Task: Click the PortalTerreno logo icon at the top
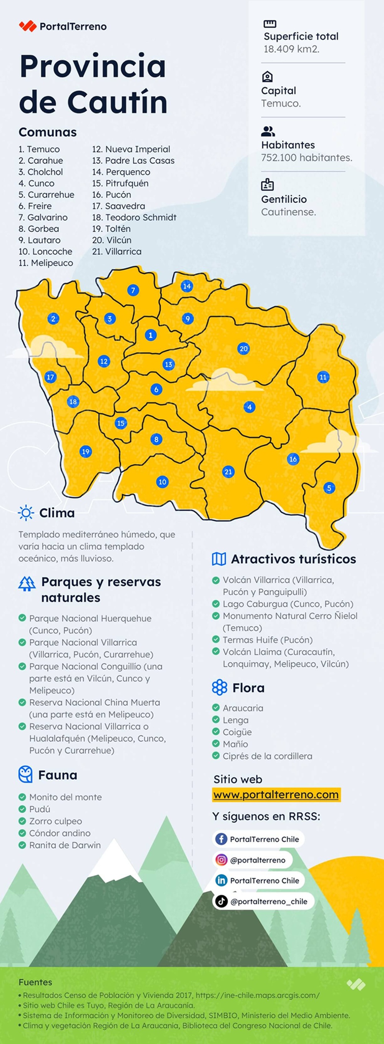28,26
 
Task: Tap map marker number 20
243,349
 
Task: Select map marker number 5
329,488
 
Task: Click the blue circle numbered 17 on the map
50,377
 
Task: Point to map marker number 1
151,335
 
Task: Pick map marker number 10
162,482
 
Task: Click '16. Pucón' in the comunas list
111,195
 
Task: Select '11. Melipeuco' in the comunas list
46,263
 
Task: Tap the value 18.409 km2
291,49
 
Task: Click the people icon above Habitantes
268,131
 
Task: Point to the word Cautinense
288,212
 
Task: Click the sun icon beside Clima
26,513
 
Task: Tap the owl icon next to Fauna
25,774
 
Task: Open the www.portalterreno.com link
276,795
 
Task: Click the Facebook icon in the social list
221,839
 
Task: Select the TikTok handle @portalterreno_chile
268,902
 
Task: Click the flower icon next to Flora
219,687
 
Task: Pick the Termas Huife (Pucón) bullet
268,640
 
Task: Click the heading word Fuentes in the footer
35,982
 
